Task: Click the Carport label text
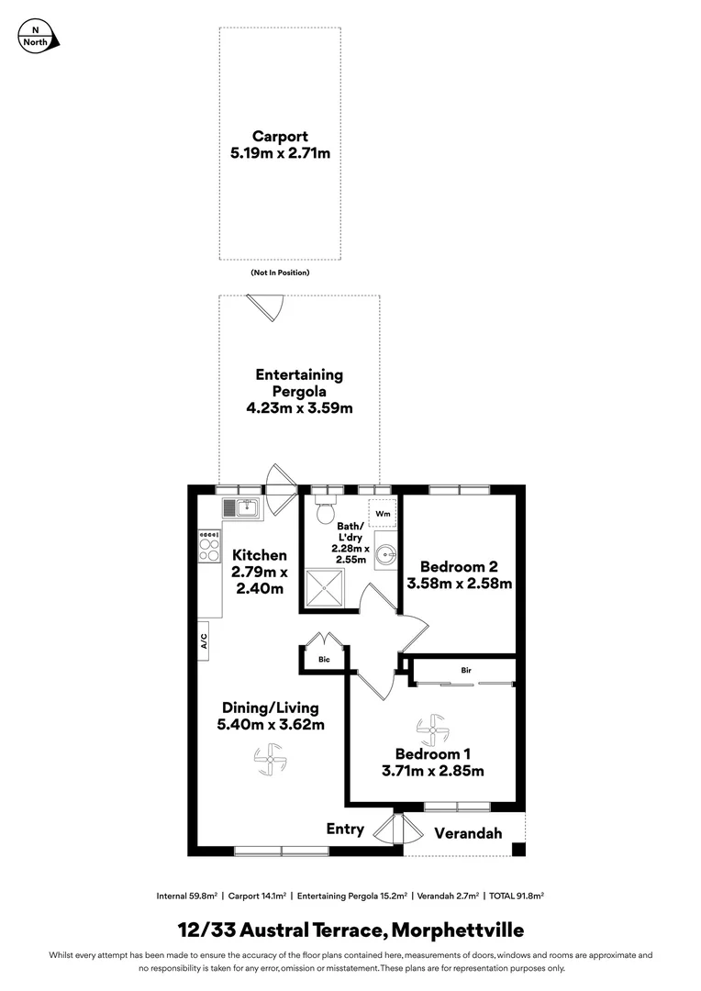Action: point(280,137)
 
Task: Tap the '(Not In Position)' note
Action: point(280,273)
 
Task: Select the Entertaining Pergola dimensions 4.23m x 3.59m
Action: point(299,408)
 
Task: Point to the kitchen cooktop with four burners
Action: point(209,547)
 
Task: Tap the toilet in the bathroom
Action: point(324,512)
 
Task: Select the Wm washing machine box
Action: point(382,514)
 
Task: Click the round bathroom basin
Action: point(384,553)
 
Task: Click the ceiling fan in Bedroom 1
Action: point(432,730)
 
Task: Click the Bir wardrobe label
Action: point(466,671)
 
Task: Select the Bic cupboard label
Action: point(324,660)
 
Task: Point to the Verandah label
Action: point(468,833)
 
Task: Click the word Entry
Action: point(345,829)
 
